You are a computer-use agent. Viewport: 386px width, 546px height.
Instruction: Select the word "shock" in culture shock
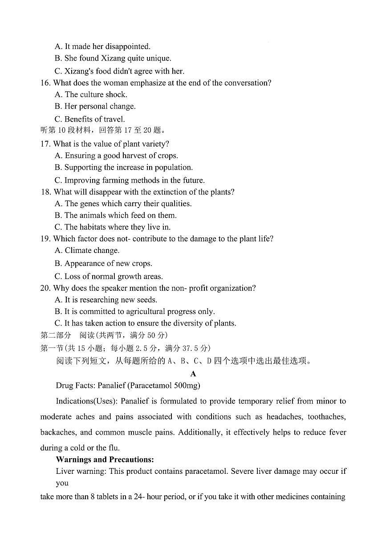click(117, 94)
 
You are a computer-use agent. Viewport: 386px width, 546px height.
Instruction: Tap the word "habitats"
click(93, 227)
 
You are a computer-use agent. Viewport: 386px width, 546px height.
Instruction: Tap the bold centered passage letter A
click(193, 374)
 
